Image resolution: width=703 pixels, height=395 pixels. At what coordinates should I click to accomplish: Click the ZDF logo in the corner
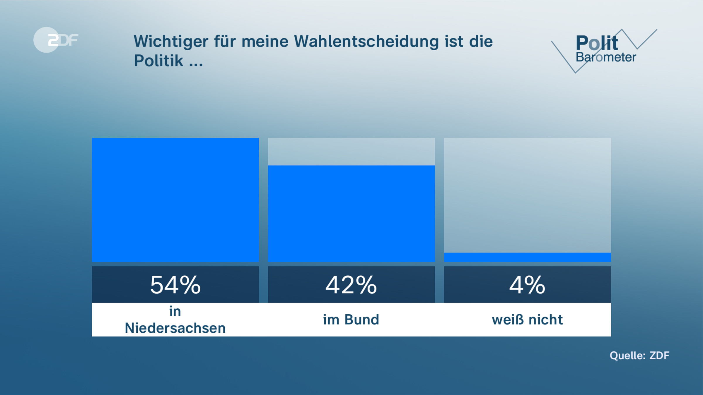point(56,40)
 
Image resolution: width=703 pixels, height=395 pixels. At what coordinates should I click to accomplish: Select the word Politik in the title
point(158,61)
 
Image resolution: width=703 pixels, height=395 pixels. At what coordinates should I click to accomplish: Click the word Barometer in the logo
point(605,57)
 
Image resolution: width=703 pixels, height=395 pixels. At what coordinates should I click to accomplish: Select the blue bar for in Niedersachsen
point(175,200)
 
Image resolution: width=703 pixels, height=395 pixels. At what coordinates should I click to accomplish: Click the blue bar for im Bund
point(351,214)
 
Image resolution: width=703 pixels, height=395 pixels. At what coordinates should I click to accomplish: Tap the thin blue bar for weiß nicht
point(527,257)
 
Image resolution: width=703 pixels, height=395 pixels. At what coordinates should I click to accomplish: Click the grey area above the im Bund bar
point(351,152)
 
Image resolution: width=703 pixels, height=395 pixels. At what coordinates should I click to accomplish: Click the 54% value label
point(175,285)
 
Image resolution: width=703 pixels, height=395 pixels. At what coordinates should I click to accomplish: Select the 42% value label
point(351,285)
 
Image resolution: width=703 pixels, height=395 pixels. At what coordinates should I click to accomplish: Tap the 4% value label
point(527,285)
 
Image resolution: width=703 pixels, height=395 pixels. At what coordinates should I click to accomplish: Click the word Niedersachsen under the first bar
point(175,328)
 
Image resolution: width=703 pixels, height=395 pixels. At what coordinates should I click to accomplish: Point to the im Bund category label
point(351,320)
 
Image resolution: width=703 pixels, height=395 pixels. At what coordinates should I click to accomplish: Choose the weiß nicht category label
point(527,320)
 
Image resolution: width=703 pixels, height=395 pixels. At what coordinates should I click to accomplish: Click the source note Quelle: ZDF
point(639,355)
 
